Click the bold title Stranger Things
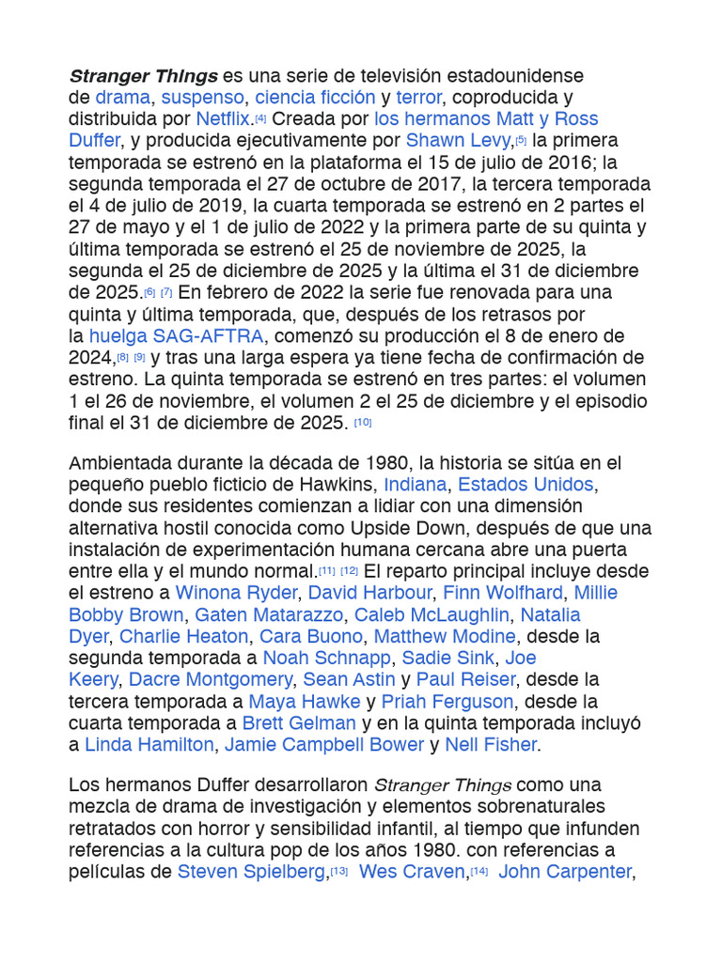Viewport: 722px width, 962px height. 143,75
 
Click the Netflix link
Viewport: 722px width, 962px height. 224,119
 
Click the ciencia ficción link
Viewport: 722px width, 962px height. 315,98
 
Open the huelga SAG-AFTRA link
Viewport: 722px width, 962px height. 178,336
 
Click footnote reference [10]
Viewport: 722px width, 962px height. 363,423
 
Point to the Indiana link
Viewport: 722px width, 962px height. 416,485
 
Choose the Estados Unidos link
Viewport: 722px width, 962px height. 526,485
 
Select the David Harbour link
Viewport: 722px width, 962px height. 370,593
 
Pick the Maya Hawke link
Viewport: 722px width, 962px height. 305,702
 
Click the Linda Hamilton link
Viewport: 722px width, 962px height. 149,745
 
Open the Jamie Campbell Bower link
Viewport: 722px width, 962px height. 324,745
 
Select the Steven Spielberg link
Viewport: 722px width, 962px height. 251,872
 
